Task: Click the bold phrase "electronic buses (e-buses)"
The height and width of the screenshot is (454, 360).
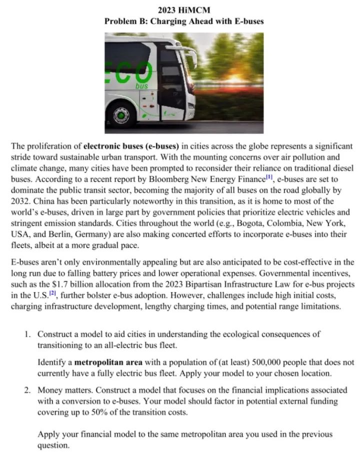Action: click(131, 146)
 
